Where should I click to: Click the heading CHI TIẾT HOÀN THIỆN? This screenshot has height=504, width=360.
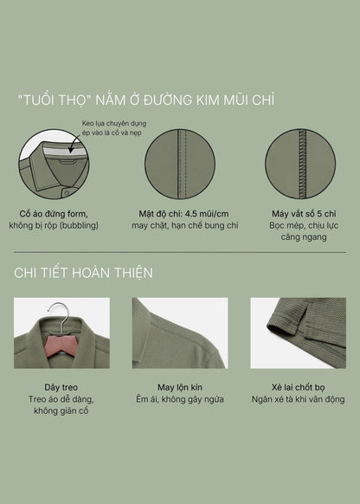tap(84, 273)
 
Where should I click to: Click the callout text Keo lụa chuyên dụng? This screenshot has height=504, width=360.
tap(113, 125)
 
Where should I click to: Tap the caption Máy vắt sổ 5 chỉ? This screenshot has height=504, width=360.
tap(301, 213)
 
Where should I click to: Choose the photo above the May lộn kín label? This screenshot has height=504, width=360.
tap(180, 333)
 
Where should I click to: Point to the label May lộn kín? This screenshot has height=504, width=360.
tap(180, 387)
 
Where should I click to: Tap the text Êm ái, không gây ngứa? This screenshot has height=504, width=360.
tap(180, 399)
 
